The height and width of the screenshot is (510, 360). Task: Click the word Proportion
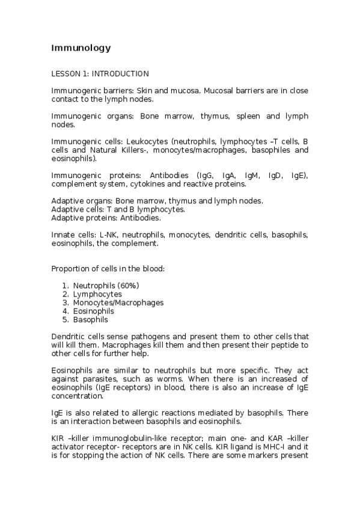coord(70,268)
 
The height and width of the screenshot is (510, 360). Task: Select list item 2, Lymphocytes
coord(97,294)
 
